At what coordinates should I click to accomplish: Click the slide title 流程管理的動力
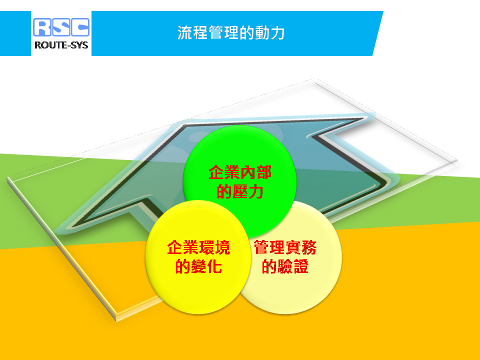pyautogui.click(x=231, y=33)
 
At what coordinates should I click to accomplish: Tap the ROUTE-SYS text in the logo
pyautogui.click(x=61, y=45)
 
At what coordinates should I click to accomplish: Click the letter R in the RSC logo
pyautogui.click(x=42, y=27)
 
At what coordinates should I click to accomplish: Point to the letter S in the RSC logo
pyautogui.click(x=61, y=27)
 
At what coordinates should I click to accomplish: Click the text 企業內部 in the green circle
pyautogui.click(x=240, y=172)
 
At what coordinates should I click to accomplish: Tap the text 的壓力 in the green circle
pyautogui.click(x=240, y=191)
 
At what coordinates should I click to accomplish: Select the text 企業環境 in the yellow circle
pyautogui.click(x=198, y=247)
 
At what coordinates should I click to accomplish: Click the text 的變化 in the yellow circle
pyautogui.click(x=198, y=266)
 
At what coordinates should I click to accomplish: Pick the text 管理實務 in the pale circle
pyautogui.click(x=285, y=247)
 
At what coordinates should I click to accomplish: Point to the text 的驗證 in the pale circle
pyautogui.click(x=285, y=266)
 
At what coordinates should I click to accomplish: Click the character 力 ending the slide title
pyautogui.click(x=277, y=33)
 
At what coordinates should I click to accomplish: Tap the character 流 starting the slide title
pyautogui.click(x=185, y=33)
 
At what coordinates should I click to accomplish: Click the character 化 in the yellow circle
pyautogui.click(x=214, y=266)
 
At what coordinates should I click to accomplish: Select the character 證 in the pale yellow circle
pyautogui.click(x=301, y=266)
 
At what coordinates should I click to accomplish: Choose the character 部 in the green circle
pyautogui.click(x=264, y=172)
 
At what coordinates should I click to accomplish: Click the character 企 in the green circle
pyautogui.click(x=216, y=172)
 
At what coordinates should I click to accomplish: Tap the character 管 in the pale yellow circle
pyautogui.click(x=261, y=247)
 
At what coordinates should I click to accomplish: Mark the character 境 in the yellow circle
pyautogui.click(x=222, y=247)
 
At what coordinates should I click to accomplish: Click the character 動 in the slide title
pyautogui.click(x=262, y=33)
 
